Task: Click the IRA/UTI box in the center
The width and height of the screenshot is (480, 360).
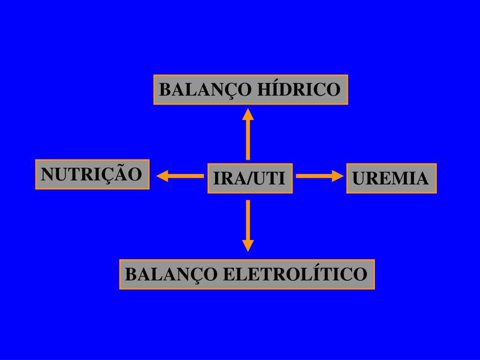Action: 250,178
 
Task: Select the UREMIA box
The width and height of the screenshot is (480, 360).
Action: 391,178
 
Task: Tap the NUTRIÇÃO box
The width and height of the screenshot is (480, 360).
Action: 92,174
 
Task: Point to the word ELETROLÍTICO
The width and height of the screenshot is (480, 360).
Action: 294,274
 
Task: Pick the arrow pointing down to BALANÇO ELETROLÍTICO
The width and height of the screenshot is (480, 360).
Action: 248,225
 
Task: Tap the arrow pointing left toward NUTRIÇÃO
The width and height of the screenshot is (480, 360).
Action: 180,176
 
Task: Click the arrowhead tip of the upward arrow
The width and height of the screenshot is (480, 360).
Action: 248,111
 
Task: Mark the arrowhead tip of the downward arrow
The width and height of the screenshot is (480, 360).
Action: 248,249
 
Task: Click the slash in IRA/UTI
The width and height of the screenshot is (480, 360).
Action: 251,179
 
